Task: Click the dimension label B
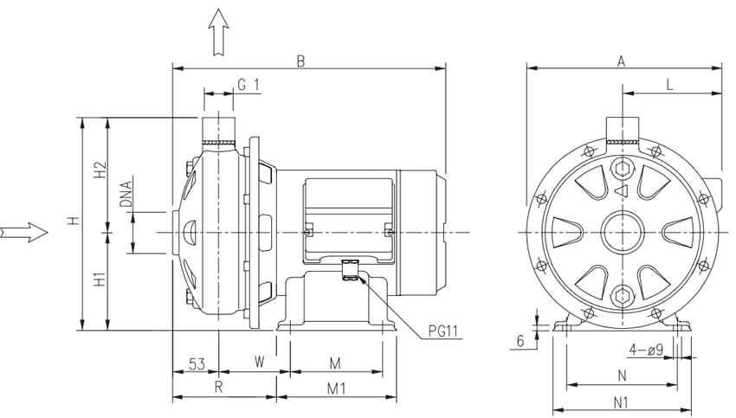[301, 61]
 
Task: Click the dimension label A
[620, 61]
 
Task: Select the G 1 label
[249, 84]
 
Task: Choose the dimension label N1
[620, 402]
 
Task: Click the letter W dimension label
[259, 360]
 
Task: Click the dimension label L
[670, 84]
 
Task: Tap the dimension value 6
[520, 341]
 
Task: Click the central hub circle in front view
[620, 231]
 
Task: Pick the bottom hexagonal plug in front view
[620, 295]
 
